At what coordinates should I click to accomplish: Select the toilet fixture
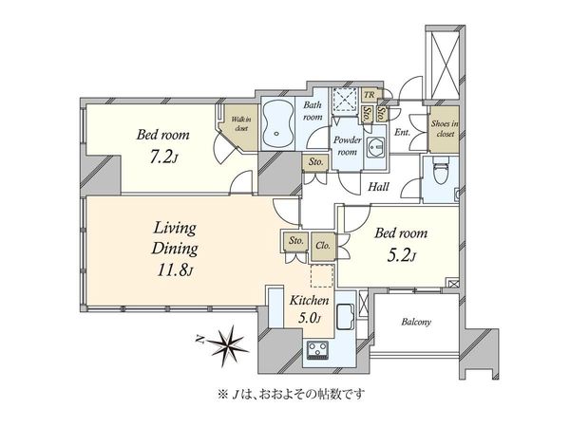tap(441, 171)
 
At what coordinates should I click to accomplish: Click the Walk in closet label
tap(241, 123)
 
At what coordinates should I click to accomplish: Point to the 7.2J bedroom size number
tap(163, 157)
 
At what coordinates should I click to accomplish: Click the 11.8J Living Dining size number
tap(174, 269)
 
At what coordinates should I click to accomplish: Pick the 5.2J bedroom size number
tap(401, 255)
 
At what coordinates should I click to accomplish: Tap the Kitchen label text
tap(309, 300)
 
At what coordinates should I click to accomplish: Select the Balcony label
tap(416, 322)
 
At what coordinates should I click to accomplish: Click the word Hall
tap(378, 187)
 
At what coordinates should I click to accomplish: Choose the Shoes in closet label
tap(445, 128)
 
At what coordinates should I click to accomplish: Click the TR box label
tap(369, 95)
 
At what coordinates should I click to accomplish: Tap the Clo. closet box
tap(323, 246)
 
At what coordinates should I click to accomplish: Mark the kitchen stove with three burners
tap(318, 349)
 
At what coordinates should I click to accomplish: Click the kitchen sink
tap(345, 317)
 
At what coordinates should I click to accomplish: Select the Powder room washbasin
tap(374, 147)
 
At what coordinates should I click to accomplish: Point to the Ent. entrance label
tap(402, 133)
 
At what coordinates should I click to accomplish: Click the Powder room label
tap(348, 145)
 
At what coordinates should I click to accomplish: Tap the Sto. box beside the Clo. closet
tap(295, 240)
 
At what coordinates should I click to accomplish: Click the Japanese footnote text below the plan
tap(291, 394)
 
